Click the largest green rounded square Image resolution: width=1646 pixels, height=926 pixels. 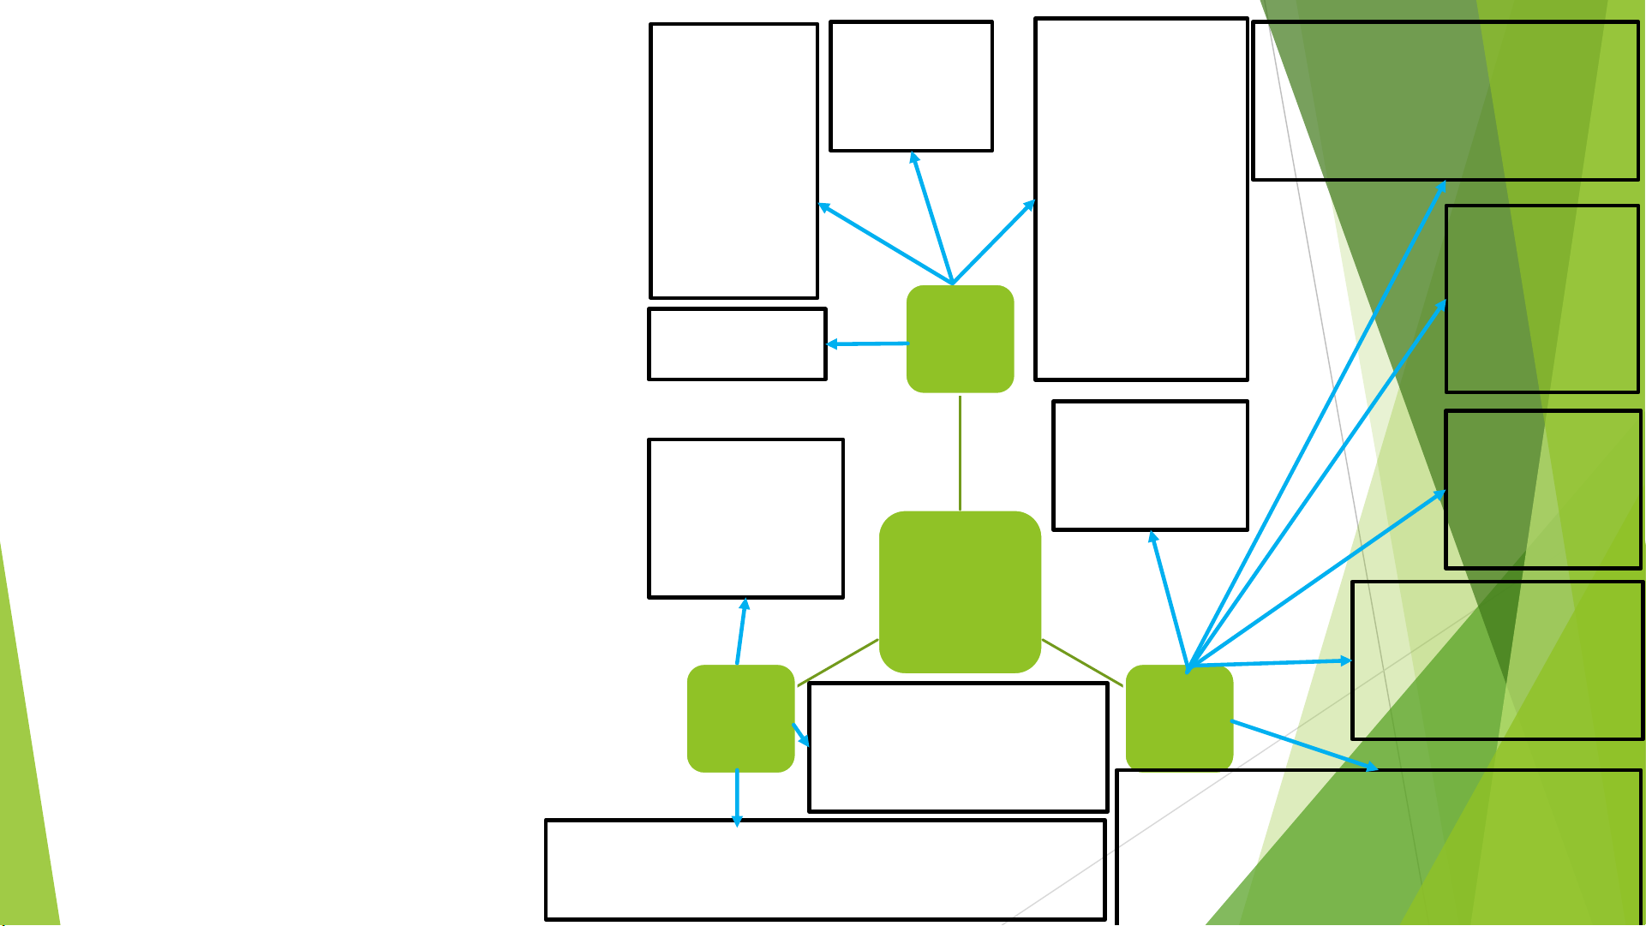coord(960,592)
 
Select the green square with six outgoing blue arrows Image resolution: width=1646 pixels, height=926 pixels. coord(1179,718)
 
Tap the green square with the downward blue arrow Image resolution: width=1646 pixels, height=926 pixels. coord(740,718)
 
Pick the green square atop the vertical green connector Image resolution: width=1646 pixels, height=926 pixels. coord(960,339)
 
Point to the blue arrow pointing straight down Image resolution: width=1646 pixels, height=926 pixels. coord(737,797)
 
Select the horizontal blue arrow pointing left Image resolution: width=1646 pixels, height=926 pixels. coord(867,344)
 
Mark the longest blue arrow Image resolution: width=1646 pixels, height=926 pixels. coord(1316,425)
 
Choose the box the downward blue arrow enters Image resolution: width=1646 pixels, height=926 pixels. coord(825,869)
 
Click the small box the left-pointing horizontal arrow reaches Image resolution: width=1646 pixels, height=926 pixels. coord(737,344)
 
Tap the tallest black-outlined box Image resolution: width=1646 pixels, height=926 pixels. coord(1140,199)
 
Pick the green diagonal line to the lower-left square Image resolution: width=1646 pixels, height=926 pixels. coord(838,663)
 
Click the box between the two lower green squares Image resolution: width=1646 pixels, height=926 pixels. coord(958,747)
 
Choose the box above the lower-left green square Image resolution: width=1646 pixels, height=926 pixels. coord(745,518)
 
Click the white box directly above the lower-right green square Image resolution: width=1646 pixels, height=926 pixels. coord(1150,465)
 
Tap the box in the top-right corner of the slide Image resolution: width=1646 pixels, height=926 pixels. coord(1445,101)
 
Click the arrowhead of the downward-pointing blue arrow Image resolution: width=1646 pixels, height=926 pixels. coord(737,821)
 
